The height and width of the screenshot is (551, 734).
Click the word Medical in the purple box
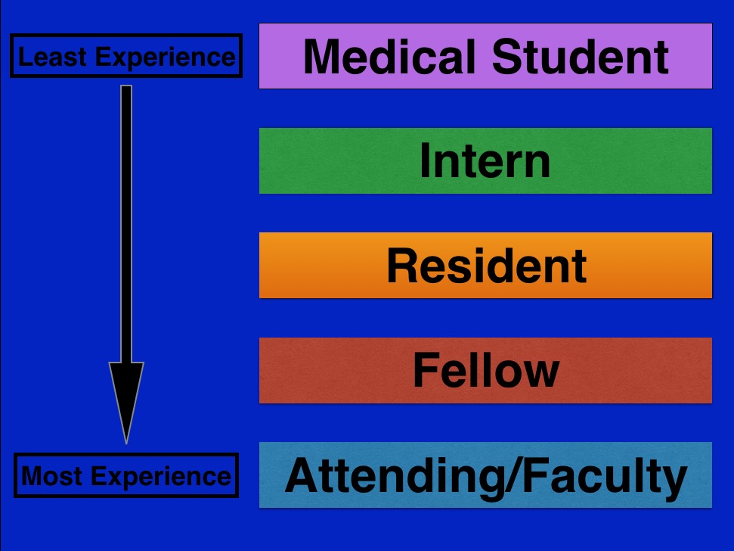389,56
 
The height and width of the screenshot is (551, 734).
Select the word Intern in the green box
485,160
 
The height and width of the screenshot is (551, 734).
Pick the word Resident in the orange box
486,266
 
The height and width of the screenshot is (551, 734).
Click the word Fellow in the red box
485,370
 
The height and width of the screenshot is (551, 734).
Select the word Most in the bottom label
51,476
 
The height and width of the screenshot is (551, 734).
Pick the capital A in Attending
301,475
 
